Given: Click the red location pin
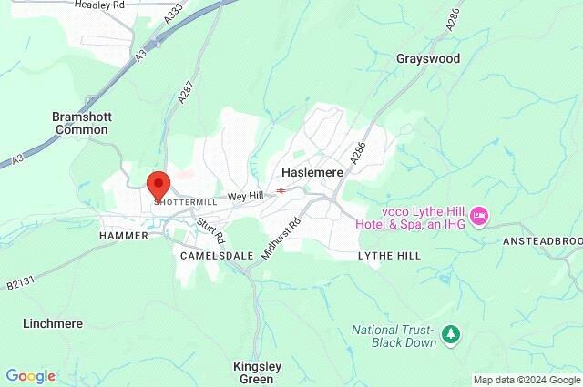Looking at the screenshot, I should point(159,185).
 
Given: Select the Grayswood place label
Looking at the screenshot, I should point(428,58).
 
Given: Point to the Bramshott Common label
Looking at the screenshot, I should point(81,123).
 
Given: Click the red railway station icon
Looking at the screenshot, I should point(282,190).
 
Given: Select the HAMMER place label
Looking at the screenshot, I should point(123,235).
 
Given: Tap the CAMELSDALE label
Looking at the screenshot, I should point(216,256).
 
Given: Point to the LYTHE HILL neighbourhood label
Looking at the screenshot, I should point(389,256).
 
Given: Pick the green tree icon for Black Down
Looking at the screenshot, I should point(450,334).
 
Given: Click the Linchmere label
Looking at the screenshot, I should point(53,323).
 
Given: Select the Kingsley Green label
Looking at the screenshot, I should point(257,372).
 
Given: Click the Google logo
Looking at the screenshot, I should point(30,376).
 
